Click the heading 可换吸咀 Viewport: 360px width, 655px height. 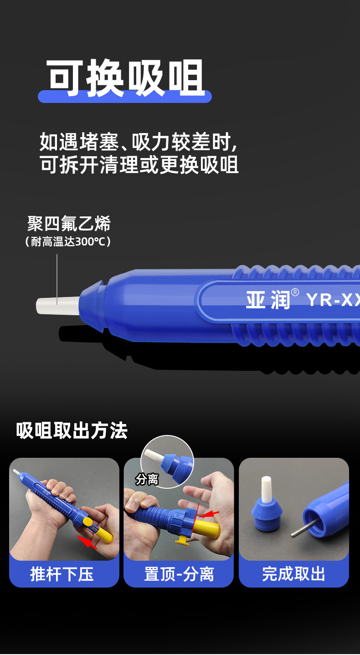(x=126, y=77)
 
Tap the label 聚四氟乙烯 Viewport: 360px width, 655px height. (x=69, y=224)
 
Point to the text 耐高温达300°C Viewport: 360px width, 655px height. (x=68, y=241)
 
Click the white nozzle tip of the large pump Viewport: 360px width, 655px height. (x=58, y=306)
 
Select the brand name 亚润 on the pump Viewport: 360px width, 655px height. (x=268, y=300)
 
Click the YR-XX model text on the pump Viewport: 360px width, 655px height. (x=333, y=300)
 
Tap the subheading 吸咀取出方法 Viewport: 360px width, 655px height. (x=72, y=430)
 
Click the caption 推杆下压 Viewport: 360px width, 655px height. (x=62, y=574)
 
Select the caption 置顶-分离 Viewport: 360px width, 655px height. (x=179, y=574)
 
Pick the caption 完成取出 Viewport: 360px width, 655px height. (x=293, y=574)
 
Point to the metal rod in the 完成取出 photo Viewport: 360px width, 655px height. (x=304, y=528)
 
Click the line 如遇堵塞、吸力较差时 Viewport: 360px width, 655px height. (x=139, y=142)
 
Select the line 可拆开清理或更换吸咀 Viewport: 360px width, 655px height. (x=139, y=164)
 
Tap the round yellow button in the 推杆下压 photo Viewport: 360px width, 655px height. (x=88, y=521)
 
